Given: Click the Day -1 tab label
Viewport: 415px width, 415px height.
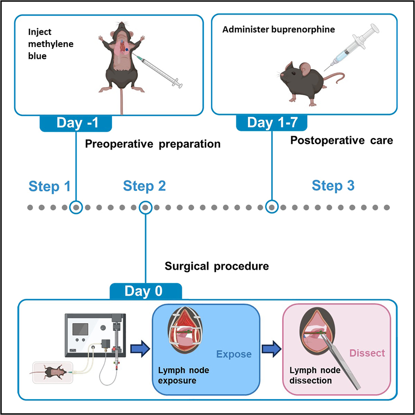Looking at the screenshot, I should [x=76, y=123].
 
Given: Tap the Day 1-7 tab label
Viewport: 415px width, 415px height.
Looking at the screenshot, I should [x=272, y=123].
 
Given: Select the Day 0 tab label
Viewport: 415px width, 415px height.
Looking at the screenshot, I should [x=145, y=291].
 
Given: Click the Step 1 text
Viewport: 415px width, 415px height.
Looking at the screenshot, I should [x=50, y=186].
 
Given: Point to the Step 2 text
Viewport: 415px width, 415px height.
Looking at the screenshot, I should [x=144, y=186].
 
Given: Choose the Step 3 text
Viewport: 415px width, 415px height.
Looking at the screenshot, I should [x=333, y=186].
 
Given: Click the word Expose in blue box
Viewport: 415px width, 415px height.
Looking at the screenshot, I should [x=234, y=355].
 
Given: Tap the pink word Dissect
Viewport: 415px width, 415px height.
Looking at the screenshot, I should [x=367, y=353].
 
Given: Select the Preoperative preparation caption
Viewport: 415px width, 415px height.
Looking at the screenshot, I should [x=152, y=145].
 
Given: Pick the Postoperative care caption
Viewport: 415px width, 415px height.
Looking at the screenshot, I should [x=341, y=140].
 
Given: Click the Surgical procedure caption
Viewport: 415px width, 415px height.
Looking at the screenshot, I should [x=217, y=265].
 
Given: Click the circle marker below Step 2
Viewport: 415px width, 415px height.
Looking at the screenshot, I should [x=145, y=207].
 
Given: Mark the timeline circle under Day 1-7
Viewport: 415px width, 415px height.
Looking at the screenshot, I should [x=272, y=207].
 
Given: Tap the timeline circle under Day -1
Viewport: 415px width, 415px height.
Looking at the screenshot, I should [x=76, y=207].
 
